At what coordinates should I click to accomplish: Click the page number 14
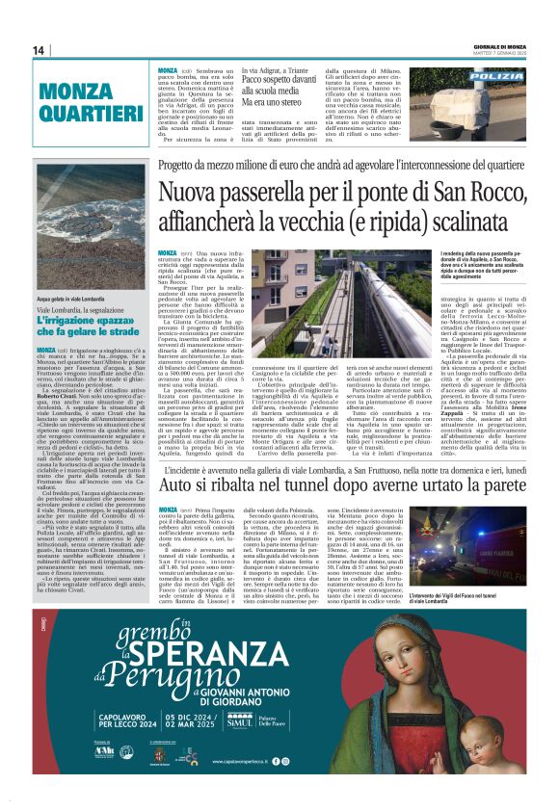(39, 50)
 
